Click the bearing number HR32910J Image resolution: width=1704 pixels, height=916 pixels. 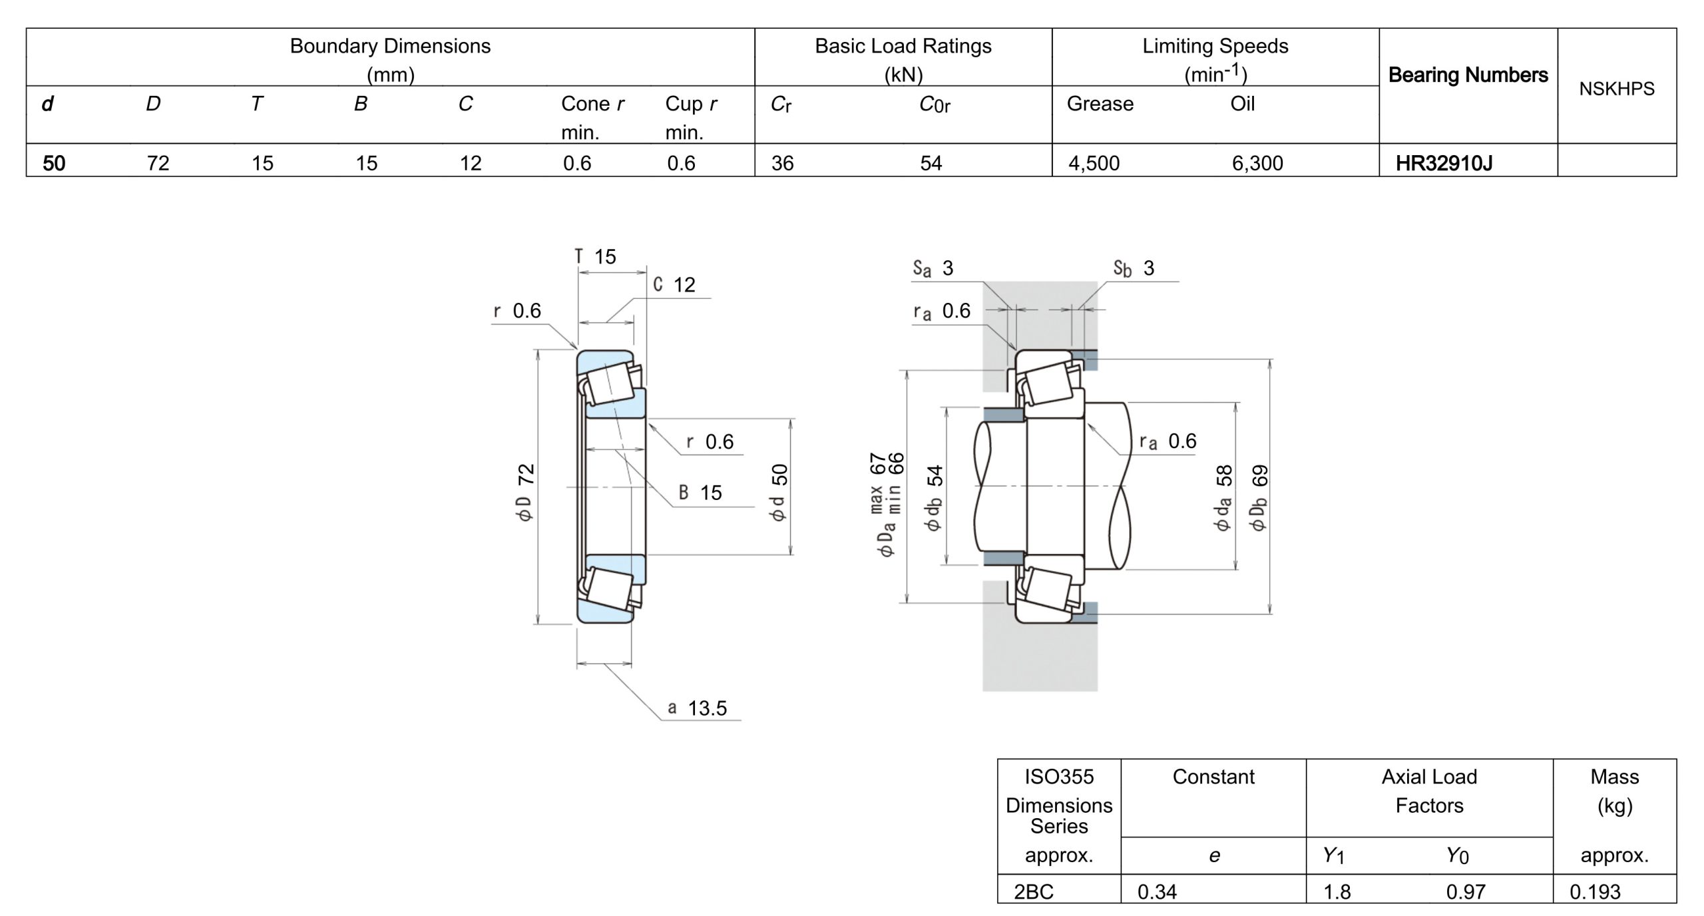(x=1443, y=163)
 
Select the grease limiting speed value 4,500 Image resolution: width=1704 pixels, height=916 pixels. (x=1094, y=163)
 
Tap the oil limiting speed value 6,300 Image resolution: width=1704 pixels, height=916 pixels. (x=1257, y=163)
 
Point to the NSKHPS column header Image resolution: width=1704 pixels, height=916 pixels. (x=1616, y=89)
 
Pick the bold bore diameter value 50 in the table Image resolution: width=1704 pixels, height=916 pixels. (x=54, y=163)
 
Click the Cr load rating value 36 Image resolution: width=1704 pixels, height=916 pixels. (x=782, y=163)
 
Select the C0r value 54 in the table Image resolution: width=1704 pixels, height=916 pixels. (x=931, y=163)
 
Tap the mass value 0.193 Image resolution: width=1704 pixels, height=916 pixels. (x=1595, y=891)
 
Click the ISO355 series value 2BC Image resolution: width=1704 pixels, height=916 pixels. (x=1033, y=891)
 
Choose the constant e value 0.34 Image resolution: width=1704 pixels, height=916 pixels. (x=1157, y=891)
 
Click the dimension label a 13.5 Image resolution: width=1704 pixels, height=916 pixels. (x=697, y=708)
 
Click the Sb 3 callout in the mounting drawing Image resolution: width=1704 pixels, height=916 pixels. (x=1134, y=268)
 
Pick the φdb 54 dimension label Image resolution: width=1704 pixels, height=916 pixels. (x=935, y=498)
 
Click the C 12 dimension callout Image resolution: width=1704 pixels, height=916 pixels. (x=674, y=285)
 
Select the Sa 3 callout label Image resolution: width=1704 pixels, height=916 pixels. (x=933, y=268)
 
